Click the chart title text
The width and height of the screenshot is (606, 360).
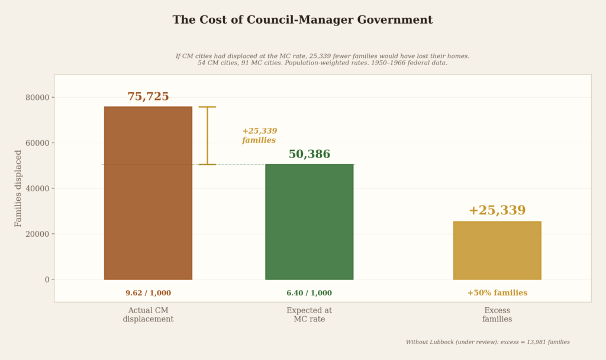302,20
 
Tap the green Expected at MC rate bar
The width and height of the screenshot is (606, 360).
309,221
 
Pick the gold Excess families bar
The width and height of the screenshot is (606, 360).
497,250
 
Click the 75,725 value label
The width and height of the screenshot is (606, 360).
148,97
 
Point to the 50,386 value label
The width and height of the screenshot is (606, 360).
309,155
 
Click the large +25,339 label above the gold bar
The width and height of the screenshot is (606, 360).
497,211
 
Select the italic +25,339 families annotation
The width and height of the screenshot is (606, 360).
259,136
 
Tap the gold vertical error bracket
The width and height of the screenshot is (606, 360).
207,136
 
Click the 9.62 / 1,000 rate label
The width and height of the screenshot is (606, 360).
148,293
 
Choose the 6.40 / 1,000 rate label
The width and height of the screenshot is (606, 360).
309,293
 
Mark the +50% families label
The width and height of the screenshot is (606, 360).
497,293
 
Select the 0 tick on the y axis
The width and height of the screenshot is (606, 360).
47,279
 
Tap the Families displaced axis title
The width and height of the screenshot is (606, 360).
18,188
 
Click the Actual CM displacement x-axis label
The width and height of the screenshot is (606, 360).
148,314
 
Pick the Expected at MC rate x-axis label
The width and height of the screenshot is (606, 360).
309,314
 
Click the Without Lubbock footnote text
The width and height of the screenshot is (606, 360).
488,342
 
